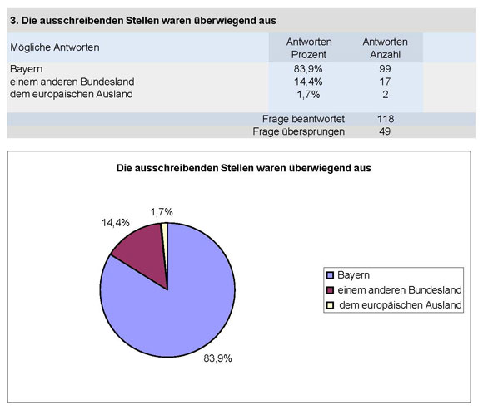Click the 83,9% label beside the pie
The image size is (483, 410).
tap(217, 358)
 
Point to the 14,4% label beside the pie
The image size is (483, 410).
tap(116, 224)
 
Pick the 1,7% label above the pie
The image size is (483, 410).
tap(163, 212)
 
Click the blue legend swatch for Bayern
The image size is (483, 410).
tap(330, 274)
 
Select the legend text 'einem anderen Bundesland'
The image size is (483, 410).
tap(398, 289)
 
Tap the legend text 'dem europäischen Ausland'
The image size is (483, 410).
tap(399, 305)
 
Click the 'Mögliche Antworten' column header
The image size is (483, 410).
tap(55, 47)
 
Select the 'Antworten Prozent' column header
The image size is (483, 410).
tap(309, 47)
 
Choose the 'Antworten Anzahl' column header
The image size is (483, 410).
tap(385, 47)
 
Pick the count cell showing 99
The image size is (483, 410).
tap(385, 69)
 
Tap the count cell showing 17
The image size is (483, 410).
tap(385, 82)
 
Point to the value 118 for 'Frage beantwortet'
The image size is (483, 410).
tap(385, 119)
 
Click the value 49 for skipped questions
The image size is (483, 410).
tap(385, 131)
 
